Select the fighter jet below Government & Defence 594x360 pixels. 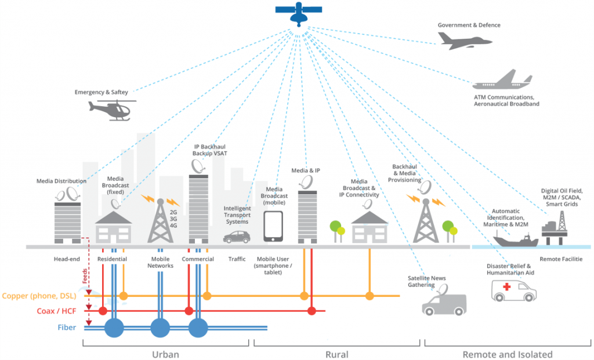pyautogui.click(x=464, y=40)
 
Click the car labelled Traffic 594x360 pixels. pyautogui.click(x=237, y=237)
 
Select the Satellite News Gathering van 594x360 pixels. pyautogui.click(x=444, y=302)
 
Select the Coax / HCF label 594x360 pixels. pyautogui.click(x=57, y=311)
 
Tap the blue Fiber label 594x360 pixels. pyautogui.click(x=66, y=328)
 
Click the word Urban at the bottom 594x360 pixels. pyautogui.click(x=165, y=354)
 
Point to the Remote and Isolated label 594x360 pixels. pyautogui.click(x=507, y=354)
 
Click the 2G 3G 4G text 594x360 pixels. pyautogui.click(x=173, y=220)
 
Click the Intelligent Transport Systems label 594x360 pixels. pyautogui.click(x=237, y=215)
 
